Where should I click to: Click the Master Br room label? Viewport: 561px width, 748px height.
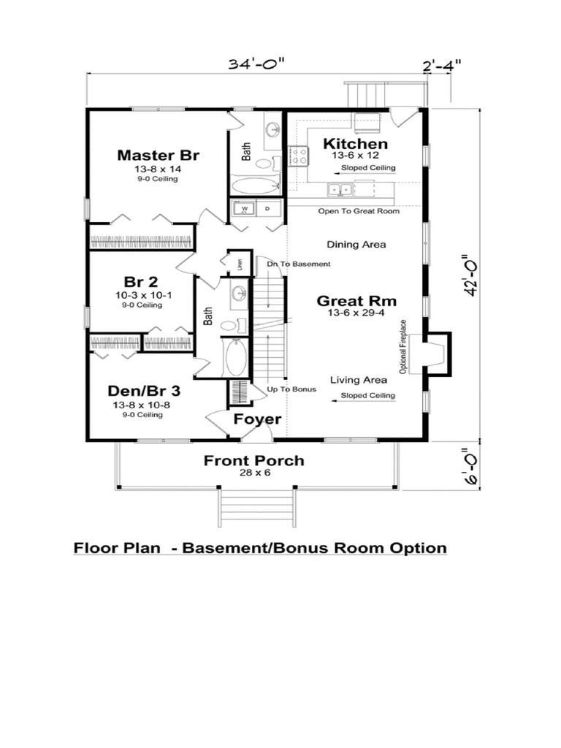(158, 155)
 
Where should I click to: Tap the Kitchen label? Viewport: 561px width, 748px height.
(356, 144)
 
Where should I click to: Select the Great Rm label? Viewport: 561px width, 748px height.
(356, 301)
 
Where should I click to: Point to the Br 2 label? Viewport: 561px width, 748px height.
(141, 281)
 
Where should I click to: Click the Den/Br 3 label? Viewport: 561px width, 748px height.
(144, 391)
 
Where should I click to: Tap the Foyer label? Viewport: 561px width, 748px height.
(257, 419)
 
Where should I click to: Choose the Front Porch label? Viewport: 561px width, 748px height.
(253, 461)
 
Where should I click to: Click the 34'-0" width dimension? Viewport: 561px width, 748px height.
(256, 64)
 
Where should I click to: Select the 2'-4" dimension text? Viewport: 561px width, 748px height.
(442, 64)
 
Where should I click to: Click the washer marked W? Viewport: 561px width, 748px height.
(245, 208)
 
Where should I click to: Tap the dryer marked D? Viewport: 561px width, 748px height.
(267, 208)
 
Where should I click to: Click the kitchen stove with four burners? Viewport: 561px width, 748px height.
(299, 156)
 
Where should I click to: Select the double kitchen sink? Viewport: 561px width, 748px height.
(340, 189)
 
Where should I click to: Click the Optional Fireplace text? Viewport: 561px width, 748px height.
(403, 346)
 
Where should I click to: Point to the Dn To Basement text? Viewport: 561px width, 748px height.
(299, 264)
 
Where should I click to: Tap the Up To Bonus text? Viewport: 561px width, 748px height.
(291, 389)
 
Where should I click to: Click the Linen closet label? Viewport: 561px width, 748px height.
(240, 264)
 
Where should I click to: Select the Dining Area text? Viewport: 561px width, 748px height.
(356, 245)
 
